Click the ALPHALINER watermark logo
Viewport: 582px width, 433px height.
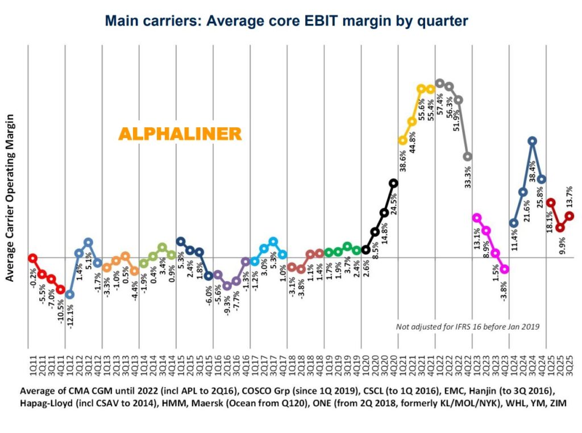click(180, 134)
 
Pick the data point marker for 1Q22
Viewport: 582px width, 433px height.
click(439, 83)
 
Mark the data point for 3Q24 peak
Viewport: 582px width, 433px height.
click(532, 141)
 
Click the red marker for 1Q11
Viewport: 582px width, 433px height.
click(33, 258)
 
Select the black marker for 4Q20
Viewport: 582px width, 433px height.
click(393, 183)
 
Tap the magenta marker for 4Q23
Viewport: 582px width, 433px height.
click(505, 269)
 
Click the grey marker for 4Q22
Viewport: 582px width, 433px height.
click(468, 156)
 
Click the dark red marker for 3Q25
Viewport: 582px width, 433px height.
click(569, 216)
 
